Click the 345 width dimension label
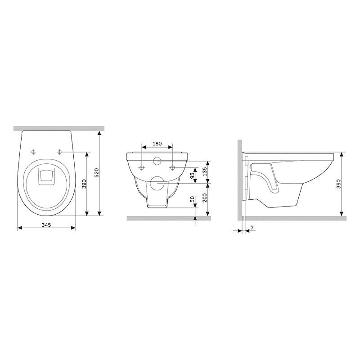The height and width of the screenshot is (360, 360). [46, 225]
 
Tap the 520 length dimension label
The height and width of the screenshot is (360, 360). [97, 173]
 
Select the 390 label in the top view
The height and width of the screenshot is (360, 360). [84, 184]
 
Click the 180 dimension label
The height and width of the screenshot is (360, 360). [157, 144]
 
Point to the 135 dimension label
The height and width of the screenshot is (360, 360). [205, 171]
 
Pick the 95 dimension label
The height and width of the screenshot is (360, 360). [193, 175]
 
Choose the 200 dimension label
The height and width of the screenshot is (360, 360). [205, 198]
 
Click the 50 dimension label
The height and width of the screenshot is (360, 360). [193, 199]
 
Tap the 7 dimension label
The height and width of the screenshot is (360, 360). [252, 228]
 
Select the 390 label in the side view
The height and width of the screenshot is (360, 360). [339, 184]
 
